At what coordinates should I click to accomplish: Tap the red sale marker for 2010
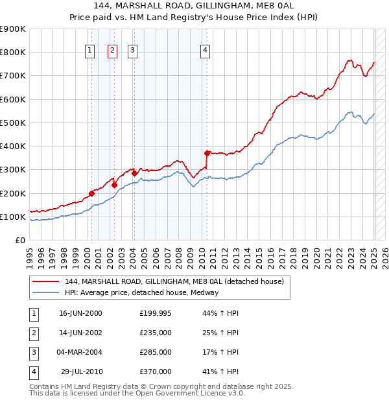pos(207,153)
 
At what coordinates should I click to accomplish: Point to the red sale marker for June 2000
pos(91,193)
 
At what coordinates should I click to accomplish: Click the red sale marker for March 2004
pos(134,173)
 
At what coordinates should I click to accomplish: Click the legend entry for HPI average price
pos(142,292)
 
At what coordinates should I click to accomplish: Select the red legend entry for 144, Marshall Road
pos(174,282)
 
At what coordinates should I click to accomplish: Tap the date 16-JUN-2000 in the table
pos(80,313)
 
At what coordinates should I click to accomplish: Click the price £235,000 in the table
pos(156,333)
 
